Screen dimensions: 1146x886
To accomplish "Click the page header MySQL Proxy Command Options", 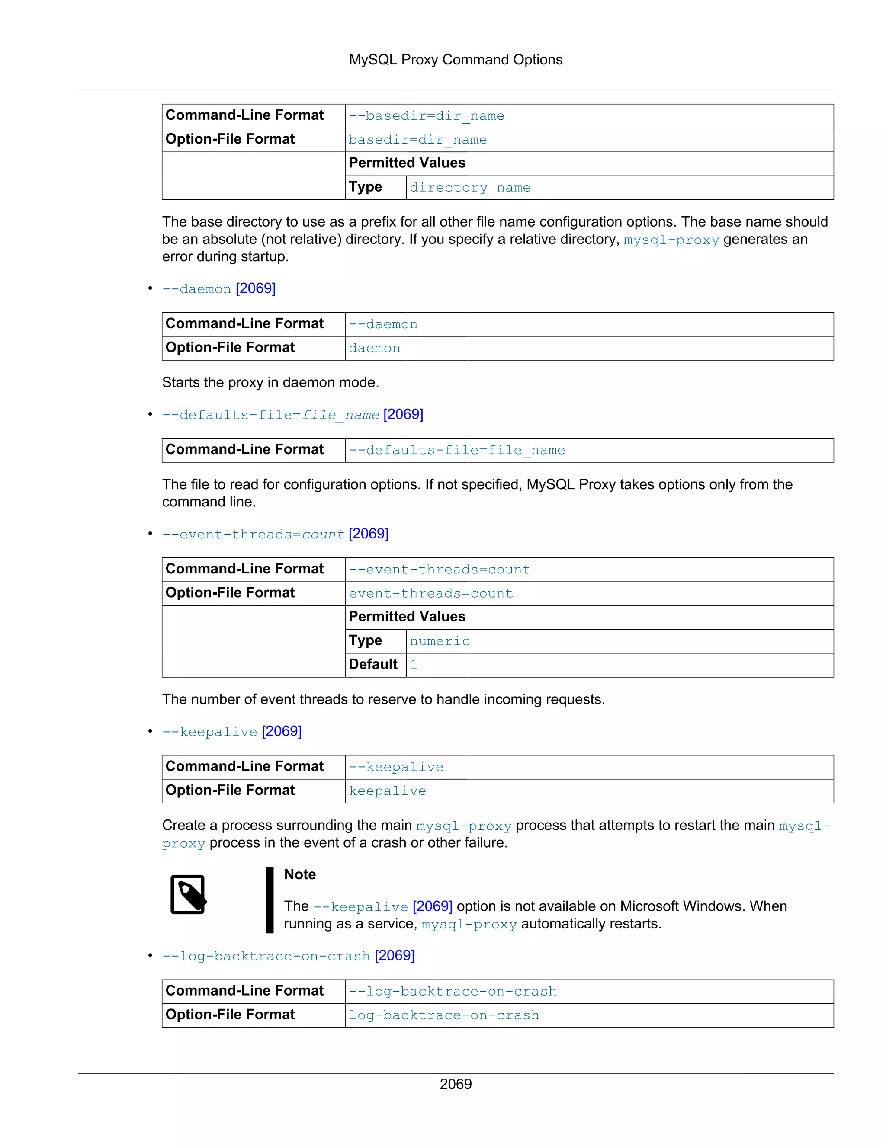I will pyautogui.click(x=455, y=60).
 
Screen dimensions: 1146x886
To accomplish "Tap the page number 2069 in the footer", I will pyautogui.click(x=455, y=1084).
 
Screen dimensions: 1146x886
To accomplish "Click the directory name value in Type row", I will pyautogui.click(x=470, y=188).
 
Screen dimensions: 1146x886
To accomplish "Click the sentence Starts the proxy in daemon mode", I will pyautogui.click(x=270, y=382).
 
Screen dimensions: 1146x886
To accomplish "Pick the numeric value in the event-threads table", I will pyautogui.click(x=440, y=641).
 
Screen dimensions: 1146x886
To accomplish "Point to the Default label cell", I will pyautogui.click(x=373, y=664).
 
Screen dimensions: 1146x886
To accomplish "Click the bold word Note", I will pyautogui.click(x=300, y=874).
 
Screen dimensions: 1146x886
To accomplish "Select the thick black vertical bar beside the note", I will pyautogui.click(x=270, y=900).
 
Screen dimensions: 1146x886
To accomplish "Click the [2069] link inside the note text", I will pyautogui.click(x=433, y=906).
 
